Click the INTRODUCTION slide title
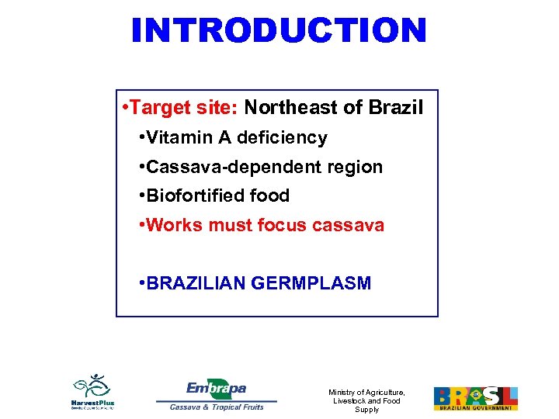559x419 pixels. click(x=279, y=31)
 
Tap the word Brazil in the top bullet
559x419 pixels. click(x=397, y=108)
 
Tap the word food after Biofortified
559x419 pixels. click(x=268, y=196)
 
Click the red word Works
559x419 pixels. click(x=172, y=225)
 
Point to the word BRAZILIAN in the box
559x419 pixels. click(x=197, y=283)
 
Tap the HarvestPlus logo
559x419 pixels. click(x=93, y=393)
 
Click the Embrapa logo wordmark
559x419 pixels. click(x=217, y=388)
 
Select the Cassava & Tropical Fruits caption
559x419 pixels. click(x=217, y=407)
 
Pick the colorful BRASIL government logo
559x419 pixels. click(x=475, y=398)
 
